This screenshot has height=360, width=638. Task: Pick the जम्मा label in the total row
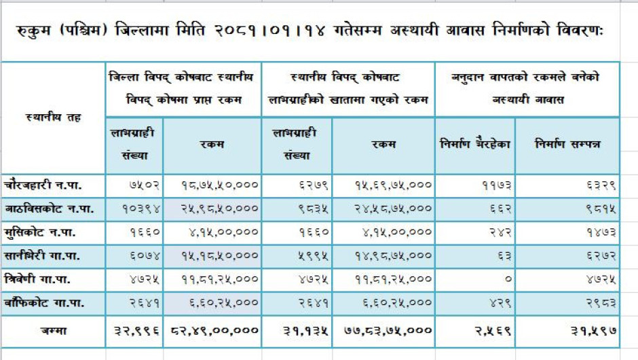(52, 330)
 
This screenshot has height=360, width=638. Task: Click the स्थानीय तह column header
(54, 118)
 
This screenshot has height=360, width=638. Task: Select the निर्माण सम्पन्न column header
(567, 144)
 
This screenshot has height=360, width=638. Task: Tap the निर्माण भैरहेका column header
(475, 144)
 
